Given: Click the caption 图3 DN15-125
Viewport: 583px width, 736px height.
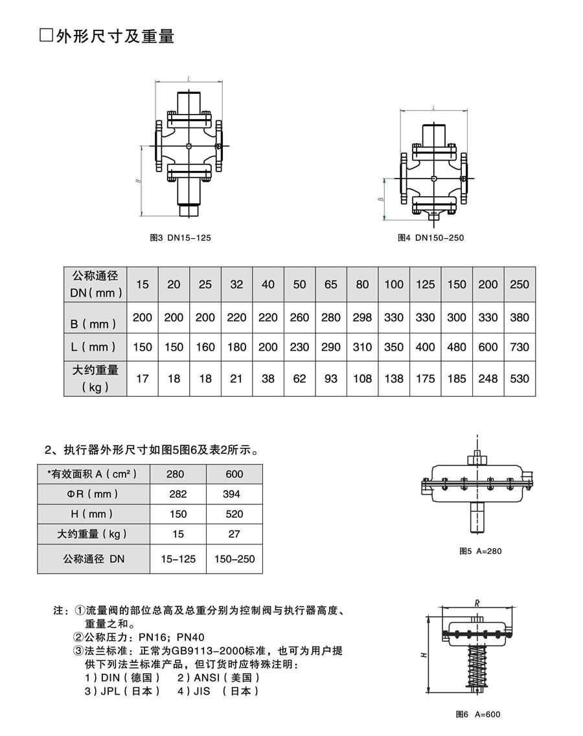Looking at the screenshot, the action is click(180, 238).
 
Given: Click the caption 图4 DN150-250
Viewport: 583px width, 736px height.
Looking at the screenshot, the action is click(431, 238).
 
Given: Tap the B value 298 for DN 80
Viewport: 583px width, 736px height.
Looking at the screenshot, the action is click(362, 317).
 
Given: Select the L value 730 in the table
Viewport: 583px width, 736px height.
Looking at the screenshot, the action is click(520, 347).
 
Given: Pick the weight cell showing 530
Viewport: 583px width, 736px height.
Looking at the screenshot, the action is click(520, 378).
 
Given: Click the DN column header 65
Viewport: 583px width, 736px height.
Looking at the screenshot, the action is click(331, 284).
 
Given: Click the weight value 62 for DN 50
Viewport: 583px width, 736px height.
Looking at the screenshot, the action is click(299, 378).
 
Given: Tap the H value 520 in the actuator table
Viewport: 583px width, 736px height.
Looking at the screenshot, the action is click(234, 514).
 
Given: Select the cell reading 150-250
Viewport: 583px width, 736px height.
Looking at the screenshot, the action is click(234, 559).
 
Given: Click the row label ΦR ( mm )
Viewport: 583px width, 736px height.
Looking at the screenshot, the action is click(93, 494).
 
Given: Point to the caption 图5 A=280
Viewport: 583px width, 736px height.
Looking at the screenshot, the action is click(481, 551).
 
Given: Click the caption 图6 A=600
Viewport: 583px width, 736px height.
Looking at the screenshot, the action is click(478, 715).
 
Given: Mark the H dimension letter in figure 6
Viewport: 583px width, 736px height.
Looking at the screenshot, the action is click(423, 654).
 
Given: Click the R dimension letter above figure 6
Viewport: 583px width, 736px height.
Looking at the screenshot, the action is click(477, 603).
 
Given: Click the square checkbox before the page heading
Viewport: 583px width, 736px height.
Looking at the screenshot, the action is click(45, 36).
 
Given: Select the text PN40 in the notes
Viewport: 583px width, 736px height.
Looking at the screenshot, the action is click(190, 638).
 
